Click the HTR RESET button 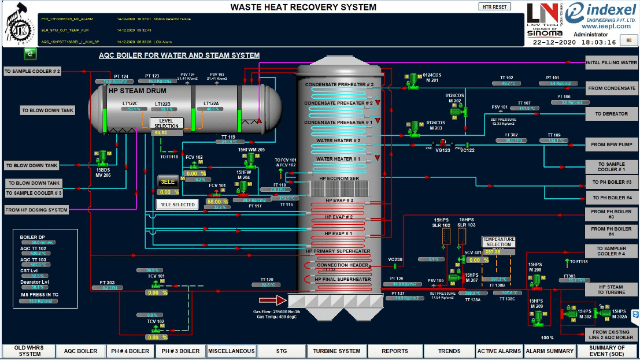coord(494,7)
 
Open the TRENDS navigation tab coord(449,351)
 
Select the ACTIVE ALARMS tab coord(499,351)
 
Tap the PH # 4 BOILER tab coord(130,351)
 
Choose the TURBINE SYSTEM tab coord(336,351)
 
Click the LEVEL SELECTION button coord(167,123)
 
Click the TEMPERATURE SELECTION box coord(498,241)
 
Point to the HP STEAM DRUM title coord(137,91)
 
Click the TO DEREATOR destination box coord(612,114)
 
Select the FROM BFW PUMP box coord(612,144)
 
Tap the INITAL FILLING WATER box coord(612,62)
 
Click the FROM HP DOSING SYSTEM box coord(36,210)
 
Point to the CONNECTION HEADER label coord(342,265)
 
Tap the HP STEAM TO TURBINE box coord(611,290)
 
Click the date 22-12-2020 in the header coord(554,42)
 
